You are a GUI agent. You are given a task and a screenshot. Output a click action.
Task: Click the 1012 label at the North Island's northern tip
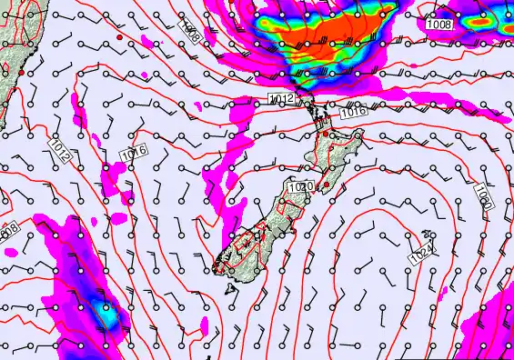pyautogui.click(x=281, y=97)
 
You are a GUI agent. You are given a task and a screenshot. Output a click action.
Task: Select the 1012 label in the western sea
pyautogui.click(x=61, y=150)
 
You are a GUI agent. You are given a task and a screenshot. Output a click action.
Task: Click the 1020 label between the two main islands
pyautogui.click(x=299, y=186)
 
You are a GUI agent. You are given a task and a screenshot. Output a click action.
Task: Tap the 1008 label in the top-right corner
pyautogui.click(x=438, y=25)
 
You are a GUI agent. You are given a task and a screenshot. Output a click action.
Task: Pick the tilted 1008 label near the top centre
pyautogui.click(x=190, y=33)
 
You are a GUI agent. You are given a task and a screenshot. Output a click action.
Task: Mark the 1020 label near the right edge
pyautogui.click(x=482, y=197)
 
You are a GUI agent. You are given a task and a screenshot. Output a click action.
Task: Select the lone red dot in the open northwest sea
pyautogui.click(x=119, y=37)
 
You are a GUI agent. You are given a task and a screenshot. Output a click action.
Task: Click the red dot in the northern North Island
pyautogui.click(x=326, y=134)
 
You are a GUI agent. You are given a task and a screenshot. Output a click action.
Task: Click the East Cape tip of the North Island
pyautogui.click(x=363, y=133)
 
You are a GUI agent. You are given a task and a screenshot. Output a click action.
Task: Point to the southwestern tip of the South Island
pyautogui.click(x=217, y=266)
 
